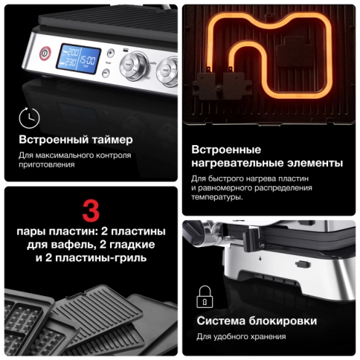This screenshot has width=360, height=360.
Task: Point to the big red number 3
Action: coord(89,209)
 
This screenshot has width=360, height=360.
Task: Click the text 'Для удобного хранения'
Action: coord(241,337)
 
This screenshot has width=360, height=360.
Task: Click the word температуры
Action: coord(216,198)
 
